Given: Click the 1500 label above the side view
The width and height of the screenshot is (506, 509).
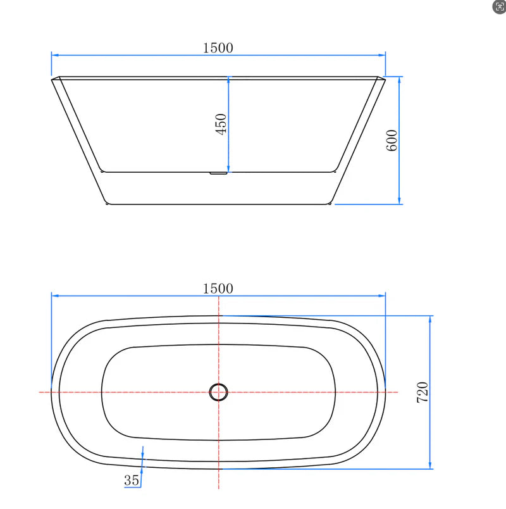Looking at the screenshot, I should (x=218, y=47).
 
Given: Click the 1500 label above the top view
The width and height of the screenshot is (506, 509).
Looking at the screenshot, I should (x=218, y=288).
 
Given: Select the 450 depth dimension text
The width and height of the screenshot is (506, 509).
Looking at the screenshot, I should (x=221, y=125).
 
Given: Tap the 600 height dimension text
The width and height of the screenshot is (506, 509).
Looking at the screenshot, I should (x=392, y=140).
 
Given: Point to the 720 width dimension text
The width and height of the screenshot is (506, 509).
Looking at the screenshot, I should (x=423, y=393).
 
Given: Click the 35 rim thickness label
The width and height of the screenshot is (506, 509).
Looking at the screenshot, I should (x=132, y=481).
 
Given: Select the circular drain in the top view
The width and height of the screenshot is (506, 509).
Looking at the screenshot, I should (x=218, y=393).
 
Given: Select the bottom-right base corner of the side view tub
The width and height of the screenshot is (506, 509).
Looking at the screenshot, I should (x=331, y=203).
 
